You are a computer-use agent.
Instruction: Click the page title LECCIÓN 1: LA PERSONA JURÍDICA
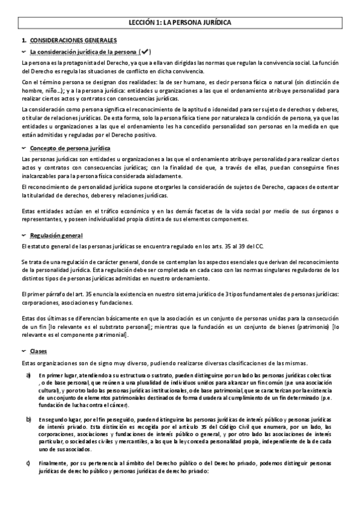coord(180,23)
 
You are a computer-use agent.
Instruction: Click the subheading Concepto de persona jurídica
coord(70,147)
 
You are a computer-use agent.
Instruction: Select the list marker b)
coord(28,417)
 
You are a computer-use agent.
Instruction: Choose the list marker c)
coord(28,461)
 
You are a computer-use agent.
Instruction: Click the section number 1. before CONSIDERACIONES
coord(24,40)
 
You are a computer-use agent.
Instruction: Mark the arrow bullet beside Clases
coord(23,350)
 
